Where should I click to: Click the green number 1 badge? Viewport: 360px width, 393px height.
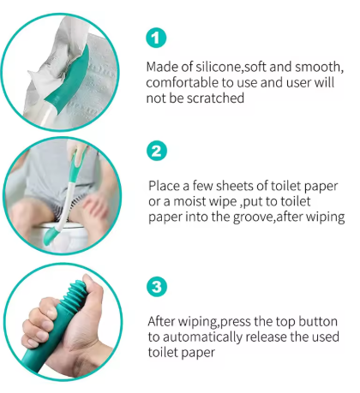pos(157,39)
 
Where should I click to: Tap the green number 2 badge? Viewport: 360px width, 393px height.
pos(157,152)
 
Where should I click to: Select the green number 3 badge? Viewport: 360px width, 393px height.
pos(157,287)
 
